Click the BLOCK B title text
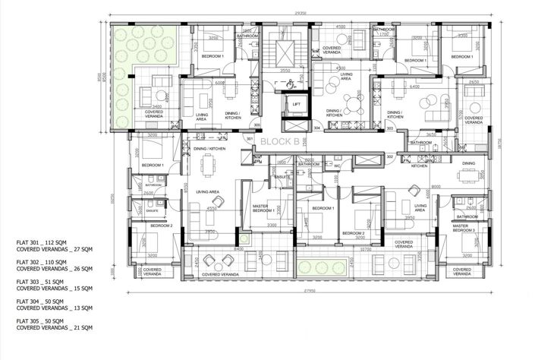coord(281,141)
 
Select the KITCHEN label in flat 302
coord(419,166)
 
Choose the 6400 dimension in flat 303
coord(415,87)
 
